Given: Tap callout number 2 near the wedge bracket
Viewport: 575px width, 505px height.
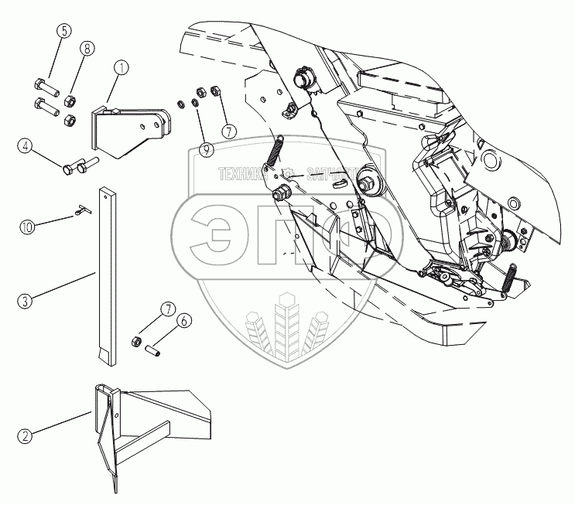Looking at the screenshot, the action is pos(26,436).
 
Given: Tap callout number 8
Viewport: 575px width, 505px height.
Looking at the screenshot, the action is pos(87,49).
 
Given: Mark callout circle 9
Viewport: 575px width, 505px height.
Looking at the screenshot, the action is pos(206,150).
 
